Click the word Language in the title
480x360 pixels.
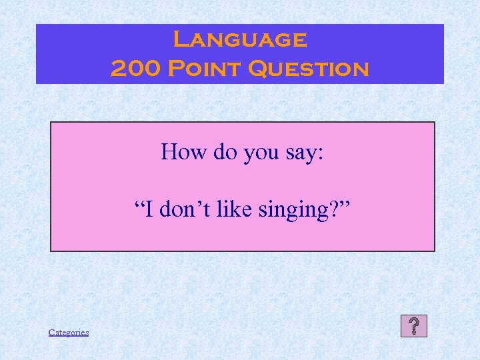[x=240, y=40]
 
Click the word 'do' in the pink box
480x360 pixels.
[x=223, y=153]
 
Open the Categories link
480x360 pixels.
[x=69, y=332]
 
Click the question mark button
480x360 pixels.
[x=415, y=326]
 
